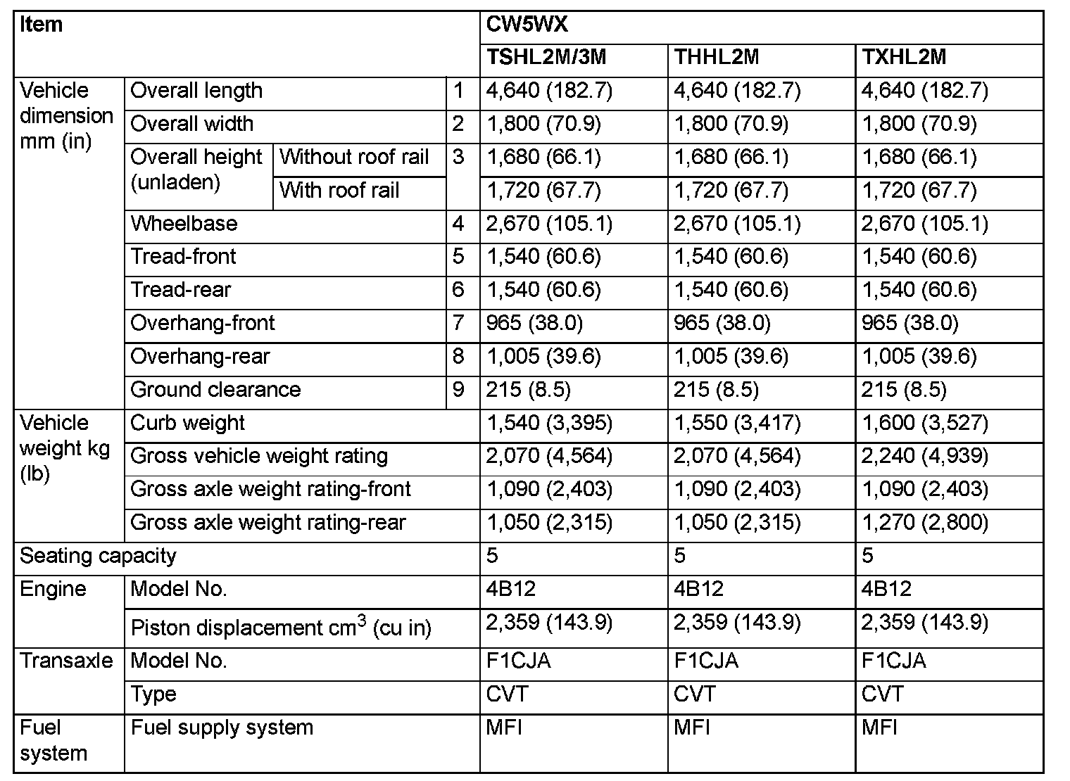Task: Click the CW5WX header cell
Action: coord(527,25)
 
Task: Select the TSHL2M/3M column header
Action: coord(546,58)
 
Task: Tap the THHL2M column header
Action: coord(717,58)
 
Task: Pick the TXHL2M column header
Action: coord(904,58)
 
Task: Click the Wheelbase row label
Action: coord(184,224)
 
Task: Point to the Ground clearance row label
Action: coord(215,390)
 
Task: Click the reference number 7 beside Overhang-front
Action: coord(458,323)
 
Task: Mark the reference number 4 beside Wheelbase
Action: coord(458,224)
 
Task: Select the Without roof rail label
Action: coord(354,157)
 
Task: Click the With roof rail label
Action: coord(339,190)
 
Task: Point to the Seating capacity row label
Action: coord(98,556)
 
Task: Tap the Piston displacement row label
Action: coord(281,627)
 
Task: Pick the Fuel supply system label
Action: coord(222,728)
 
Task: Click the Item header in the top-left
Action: coord(42,25)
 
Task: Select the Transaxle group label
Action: coord(66,661)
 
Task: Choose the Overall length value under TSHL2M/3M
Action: coord(549,91)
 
